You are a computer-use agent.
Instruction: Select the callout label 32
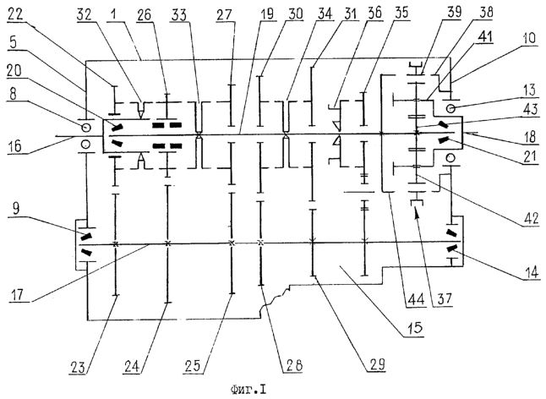coord(84,14)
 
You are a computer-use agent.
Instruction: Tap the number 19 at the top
coord(267,14)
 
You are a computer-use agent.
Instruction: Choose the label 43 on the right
coord(530,109)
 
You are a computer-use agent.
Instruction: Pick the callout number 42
coord(530,218)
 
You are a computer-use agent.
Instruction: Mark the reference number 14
coord(532,271)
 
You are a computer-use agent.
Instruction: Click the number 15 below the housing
coord(414,328)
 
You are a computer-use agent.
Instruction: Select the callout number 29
coord(377,364)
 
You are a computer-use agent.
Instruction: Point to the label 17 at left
coord(17,294)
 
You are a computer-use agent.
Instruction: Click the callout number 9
coord(16,210)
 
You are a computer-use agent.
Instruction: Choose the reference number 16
coord(14,145)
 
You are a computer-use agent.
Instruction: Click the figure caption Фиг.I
coord(248,389)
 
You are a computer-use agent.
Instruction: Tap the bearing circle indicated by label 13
coord(450,109)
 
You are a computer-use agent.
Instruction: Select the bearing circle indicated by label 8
coord(85,128)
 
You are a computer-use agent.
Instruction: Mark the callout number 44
coord(416,299)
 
